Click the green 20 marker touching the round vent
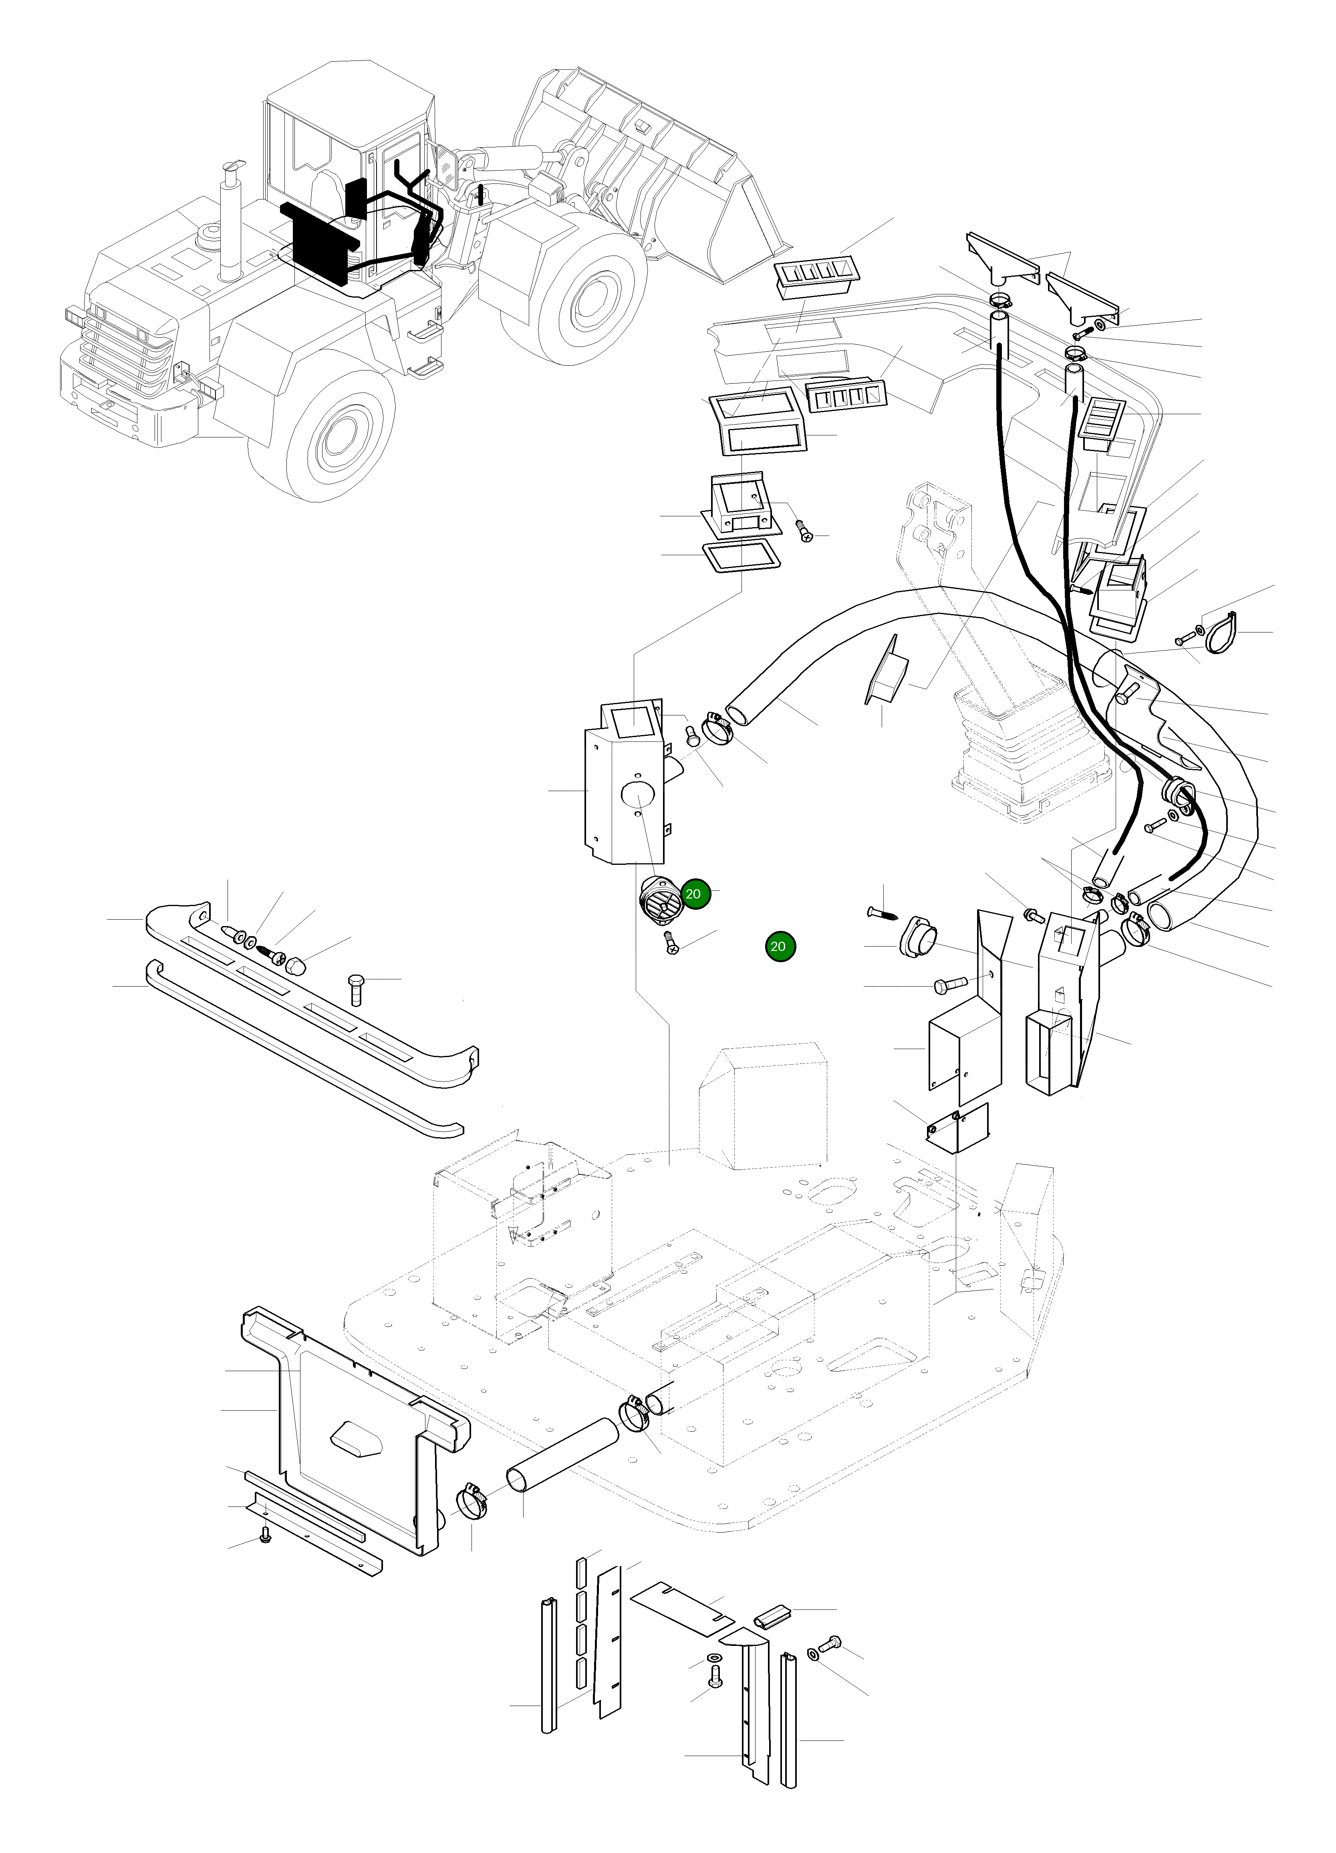[693, 894]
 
